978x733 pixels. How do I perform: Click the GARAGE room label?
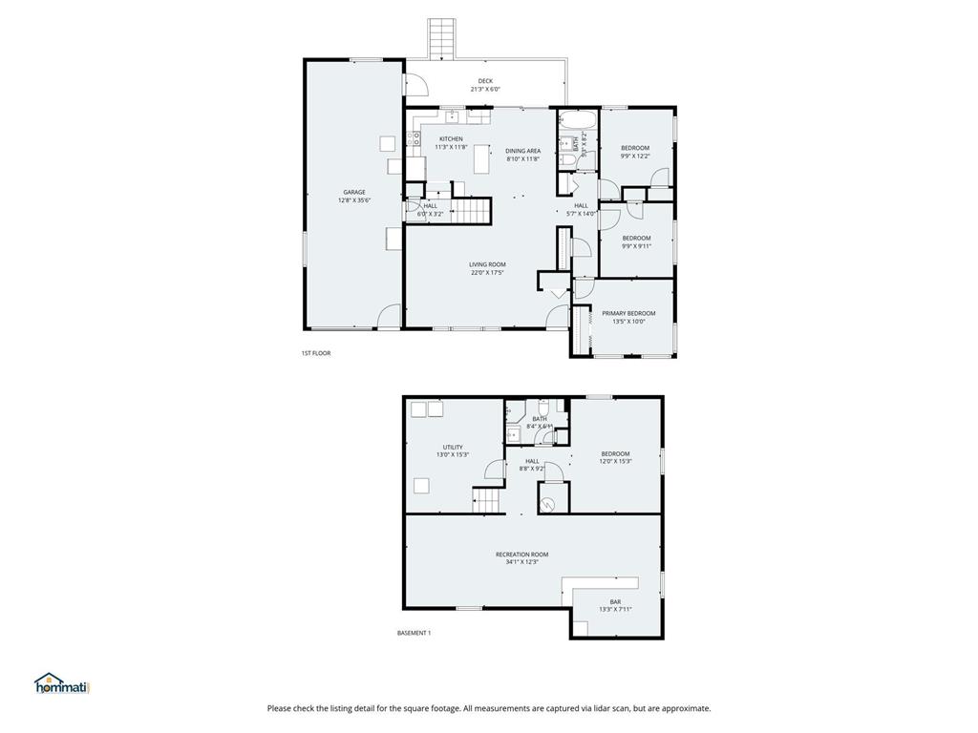pyautogui.click(x=354, y=192)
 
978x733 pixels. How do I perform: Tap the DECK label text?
pyautogui.click(x=485, y=81)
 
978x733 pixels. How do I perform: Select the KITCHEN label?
pyautogui.click(x=451, y=139)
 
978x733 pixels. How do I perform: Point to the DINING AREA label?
pyautogui.click(x=523, y=151)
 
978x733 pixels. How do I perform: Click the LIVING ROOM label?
pyautogui.click(x=487, y=264)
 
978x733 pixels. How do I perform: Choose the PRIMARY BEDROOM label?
pyautogui.click(x=628, y=313)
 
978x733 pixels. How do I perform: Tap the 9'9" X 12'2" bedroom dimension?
pyautogui.click(x=635, y=157)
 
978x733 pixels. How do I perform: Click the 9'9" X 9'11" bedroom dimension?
pyautogui.click(x=636, y=246)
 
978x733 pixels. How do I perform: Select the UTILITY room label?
pyautogui.click(x=453, y=447)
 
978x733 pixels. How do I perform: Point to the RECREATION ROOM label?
pyautogui.click(x=521, y=555)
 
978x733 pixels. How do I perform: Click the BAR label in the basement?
pyautogui.click(x=615, y=601)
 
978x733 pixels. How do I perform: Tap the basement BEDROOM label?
pyautogui.click(x=615, y=453)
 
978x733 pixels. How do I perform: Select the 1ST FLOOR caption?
pyautogui.click(x=316, y=353)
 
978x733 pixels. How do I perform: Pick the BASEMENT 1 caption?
pyautogui.click(x=414, y=633)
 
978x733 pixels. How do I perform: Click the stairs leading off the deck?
pyautogui.click(x=440, y=38)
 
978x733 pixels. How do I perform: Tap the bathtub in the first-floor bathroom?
pyautogui.click(x=578, y=121)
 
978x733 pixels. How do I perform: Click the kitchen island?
pyautogui.click(x=481, y=163)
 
